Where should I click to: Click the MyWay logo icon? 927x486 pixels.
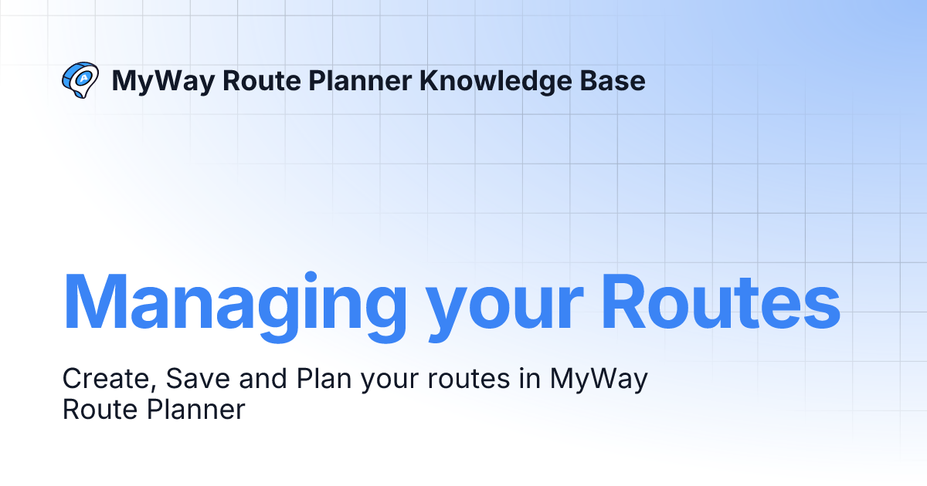80,79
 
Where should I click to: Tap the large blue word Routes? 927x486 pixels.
721,301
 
